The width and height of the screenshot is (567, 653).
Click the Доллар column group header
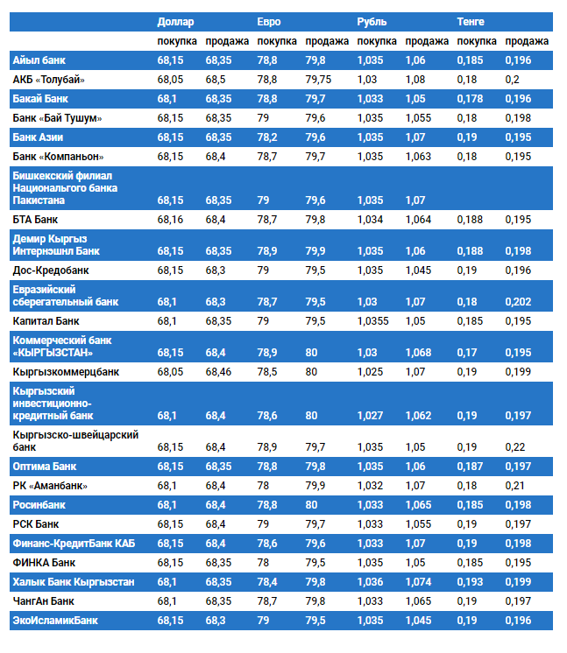175,21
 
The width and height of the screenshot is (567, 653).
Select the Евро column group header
269,21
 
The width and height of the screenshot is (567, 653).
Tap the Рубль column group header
372,21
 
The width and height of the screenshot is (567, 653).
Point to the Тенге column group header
471,21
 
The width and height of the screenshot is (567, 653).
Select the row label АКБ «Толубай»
49,80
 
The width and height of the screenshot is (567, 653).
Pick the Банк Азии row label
38,137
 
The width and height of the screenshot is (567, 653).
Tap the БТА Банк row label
36,219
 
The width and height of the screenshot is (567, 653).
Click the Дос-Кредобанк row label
51,270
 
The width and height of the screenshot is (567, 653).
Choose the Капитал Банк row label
46,321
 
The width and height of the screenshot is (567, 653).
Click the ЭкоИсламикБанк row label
55,621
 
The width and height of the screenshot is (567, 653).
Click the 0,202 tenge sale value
518,302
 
